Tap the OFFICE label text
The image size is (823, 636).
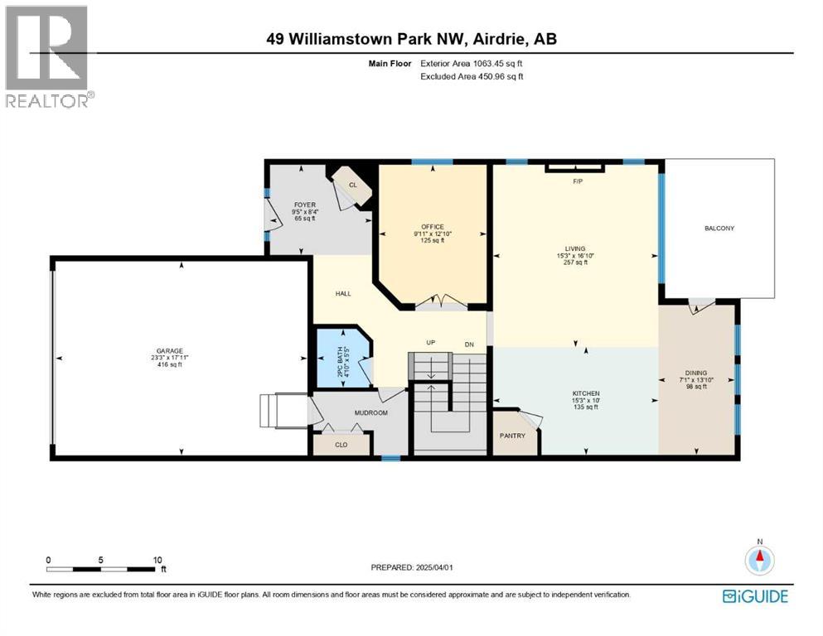[x=432, y=227]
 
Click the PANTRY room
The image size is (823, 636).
[x=512, y=436]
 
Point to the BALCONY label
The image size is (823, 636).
[x=719, y=229]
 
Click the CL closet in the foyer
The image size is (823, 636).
[x=352, y=185]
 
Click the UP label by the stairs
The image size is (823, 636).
[x=431, y=344]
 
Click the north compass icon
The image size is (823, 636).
[x=758, y=560]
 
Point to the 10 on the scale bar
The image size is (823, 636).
[x=157, y=560]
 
